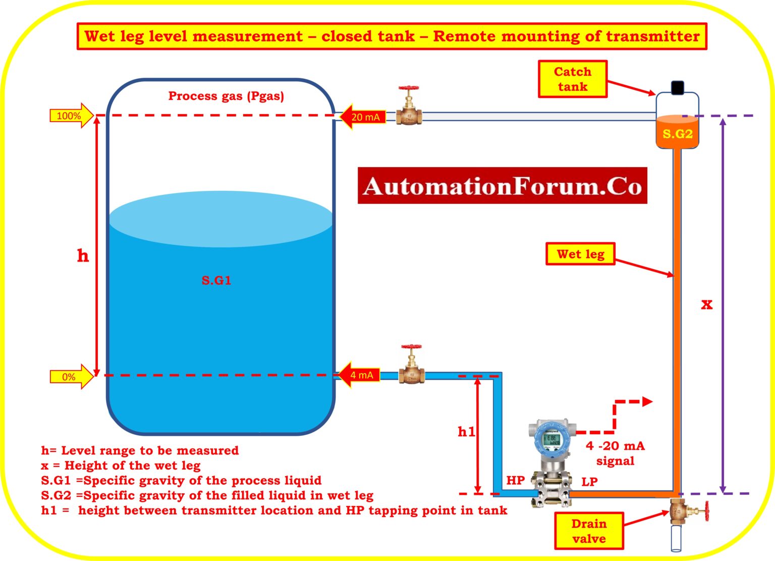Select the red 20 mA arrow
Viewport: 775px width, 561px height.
click(363, 117)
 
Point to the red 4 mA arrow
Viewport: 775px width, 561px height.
click(359, 375)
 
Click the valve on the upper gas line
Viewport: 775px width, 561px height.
click(409, 107)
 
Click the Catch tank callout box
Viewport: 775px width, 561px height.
click(572, 79)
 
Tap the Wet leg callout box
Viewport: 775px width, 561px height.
click(580, 254)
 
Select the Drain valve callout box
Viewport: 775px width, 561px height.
click(589, 531)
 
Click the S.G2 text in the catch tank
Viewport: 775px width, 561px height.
click(677, 134)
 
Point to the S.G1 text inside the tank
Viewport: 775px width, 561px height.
click(216, 281)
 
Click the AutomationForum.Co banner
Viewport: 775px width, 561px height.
click(502, 186)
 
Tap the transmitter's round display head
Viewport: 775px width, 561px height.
click(552, 439)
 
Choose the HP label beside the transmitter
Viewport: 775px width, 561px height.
click(515, 480)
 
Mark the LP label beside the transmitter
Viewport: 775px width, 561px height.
click(589, 482)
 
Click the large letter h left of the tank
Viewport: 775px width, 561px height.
click(83, 256)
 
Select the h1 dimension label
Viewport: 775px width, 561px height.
click(466, 432)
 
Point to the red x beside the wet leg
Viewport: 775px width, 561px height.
click(706, 304)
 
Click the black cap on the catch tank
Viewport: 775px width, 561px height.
click(678, 87)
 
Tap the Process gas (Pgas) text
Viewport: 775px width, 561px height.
click(226, 96)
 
